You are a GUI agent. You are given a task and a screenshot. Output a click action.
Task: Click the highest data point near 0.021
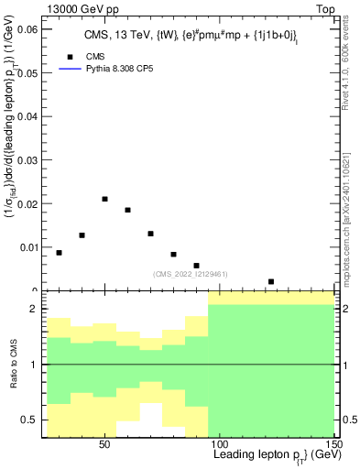(x=105, y=199)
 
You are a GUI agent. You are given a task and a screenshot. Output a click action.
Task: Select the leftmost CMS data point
(x=60, y=253)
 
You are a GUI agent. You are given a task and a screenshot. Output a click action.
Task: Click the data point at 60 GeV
(x=128, y=210)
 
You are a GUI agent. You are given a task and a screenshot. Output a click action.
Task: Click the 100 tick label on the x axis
(x=220, y=443)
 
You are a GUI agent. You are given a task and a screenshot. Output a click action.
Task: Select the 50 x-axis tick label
(x=105, y=443)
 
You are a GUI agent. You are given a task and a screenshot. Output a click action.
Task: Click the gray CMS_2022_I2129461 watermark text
(x=191, y=273)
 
